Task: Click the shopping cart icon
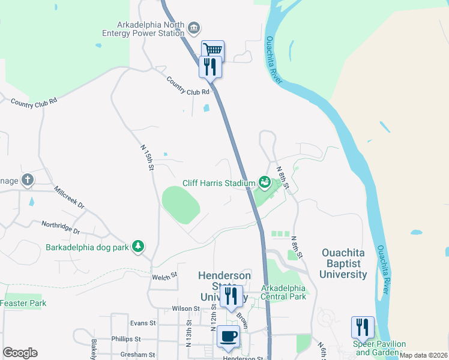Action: (212, 50)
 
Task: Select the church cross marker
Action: (27, 179)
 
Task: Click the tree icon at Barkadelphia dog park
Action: (138, 247)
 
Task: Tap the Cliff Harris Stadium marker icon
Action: (264, 181)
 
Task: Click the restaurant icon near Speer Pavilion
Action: (363, 328)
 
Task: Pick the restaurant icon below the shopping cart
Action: (211, 67)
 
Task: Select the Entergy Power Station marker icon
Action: (194, 28)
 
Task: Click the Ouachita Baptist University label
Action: (344, 263)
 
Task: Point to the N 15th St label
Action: (147, 157)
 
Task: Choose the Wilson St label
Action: (185, 308)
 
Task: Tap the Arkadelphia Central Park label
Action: (284, 292)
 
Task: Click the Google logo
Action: (20, 353)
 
